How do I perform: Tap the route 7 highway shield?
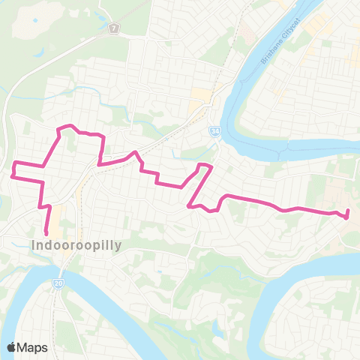[x=113, y=28]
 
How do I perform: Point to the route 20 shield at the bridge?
[x=58, y=283]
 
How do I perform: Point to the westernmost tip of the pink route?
[x=13, y=177]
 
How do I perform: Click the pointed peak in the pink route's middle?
[x=135, y=153]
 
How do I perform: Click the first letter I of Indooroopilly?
[x=34, y=244]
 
